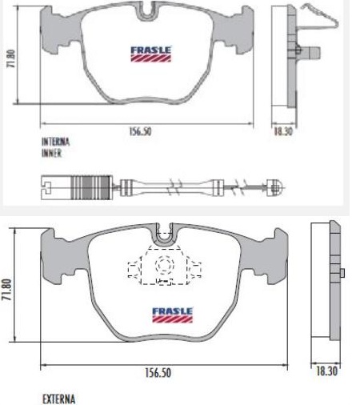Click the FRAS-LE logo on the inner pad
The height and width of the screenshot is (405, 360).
[147, 53]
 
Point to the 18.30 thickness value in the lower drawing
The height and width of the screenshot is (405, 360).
[326, 373]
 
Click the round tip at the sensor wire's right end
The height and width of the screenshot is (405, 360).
[276, 188]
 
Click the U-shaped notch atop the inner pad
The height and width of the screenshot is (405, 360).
[146, 11]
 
